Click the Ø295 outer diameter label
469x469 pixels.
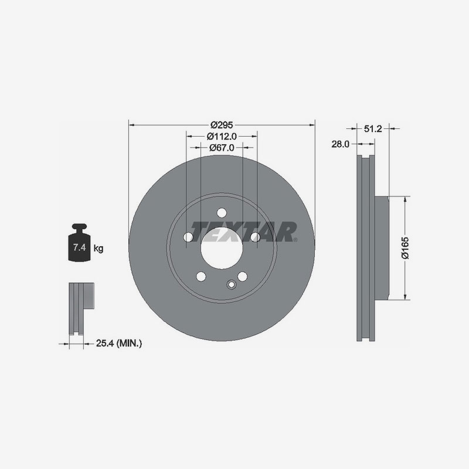pos(222,125)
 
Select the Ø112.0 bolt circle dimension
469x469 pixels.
pos(222,137)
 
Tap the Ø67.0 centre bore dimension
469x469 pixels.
pos(222,148)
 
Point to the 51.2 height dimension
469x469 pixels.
pos(373,128)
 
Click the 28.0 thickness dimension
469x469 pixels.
pos(340,144)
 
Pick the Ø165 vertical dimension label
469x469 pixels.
pos(406,248)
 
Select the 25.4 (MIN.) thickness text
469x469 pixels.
pos(119,344)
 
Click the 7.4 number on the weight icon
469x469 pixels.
pos(79,247)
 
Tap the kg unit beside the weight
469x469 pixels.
pos(98,248)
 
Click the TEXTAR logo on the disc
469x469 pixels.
pos(243,232)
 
